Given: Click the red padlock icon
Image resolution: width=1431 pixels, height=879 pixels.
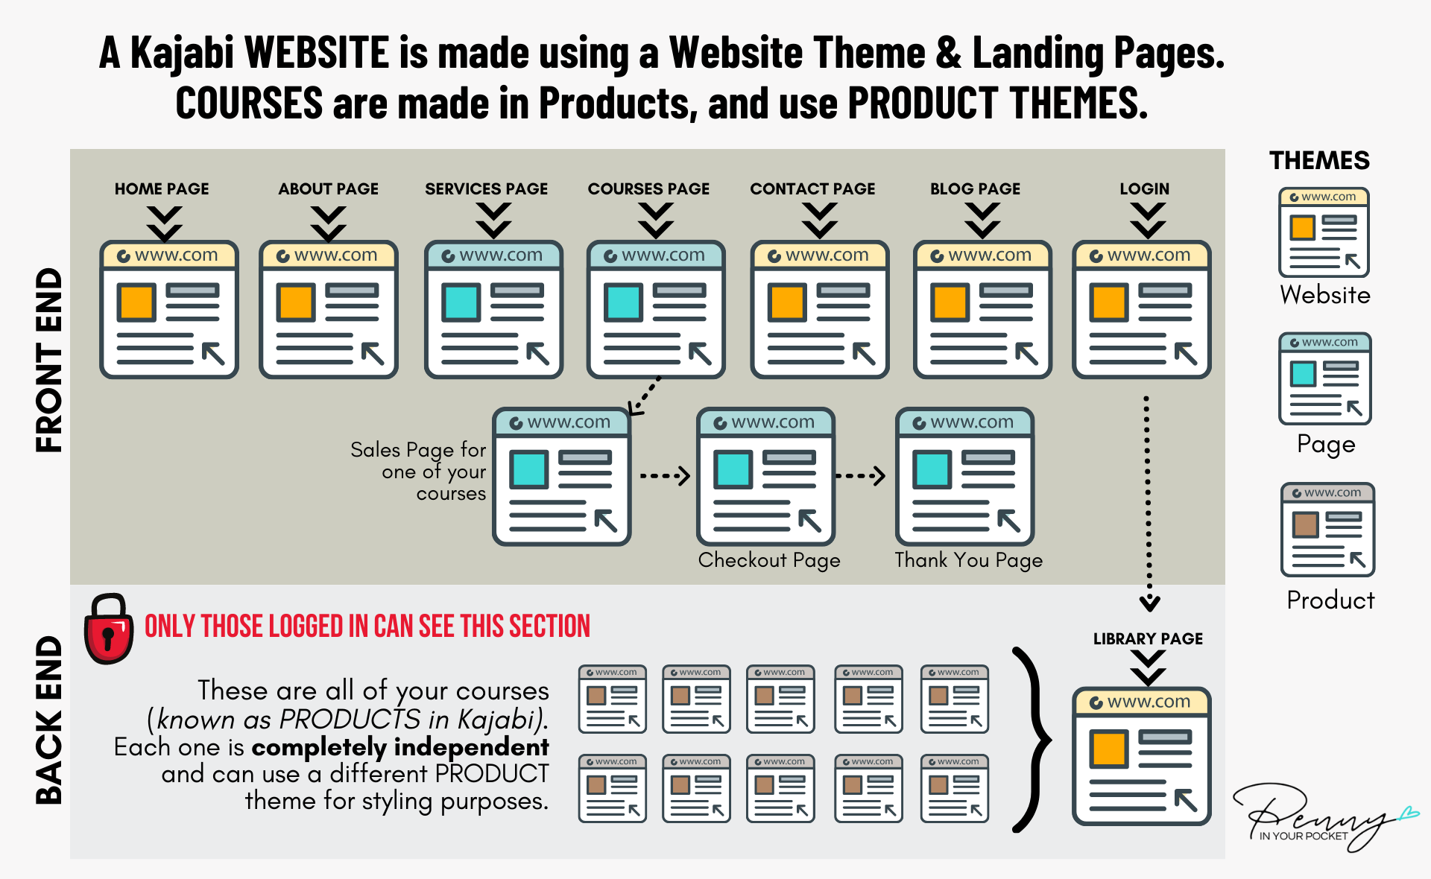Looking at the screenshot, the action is coord(109,629).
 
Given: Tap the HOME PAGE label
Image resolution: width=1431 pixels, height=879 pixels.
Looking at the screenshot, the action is coord(162,189).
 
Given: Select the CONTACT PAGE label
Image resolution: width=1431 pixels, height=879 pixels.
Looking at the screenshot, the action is coord(812,189).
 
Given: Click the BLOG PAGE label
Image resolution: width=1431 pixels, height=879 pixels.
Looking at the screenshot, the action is coord(975,189).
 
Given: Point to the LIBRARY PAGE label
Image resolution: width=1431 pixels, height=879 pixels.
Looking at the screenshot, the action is coord(1148,639).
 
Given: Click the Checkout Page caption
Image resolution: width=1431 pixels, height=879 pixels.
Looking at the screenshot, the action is coord(769,560).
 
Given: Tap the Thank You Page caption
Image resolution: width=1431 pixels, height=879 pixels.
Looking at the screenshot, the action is coord(968,560).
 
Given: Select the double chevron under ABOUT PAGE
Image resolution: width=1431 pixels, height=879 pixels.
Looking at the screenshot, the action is coord(328,221).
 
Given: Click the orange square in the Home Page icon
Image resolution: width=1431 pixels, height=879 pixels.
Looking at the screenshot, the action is coord(136,302).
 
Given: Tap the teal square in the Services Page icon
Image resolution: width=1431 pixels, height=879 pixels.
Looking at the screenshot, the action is coord(461,302).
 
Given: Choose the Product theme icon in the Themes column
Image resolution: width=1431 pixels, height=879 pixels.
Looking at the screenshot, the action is coord(1327,530).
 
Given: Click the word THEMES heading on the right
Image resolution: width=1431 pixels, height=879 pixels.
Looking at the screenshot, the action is coord(1319,161).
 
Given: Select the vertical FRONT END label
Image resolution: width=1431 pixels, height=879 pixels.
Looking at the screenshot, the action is coord(49,360).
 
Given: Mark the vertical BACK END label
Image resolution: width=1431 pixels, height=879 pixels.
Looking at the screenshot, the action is coord(49,720).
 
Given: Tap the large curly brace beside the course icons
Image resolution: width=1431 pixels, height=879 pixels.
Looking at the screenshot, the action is coord(1032,739).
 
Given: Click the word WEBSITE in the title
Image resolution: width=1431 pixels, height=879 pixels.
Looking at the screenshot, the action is coord(317,53).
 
